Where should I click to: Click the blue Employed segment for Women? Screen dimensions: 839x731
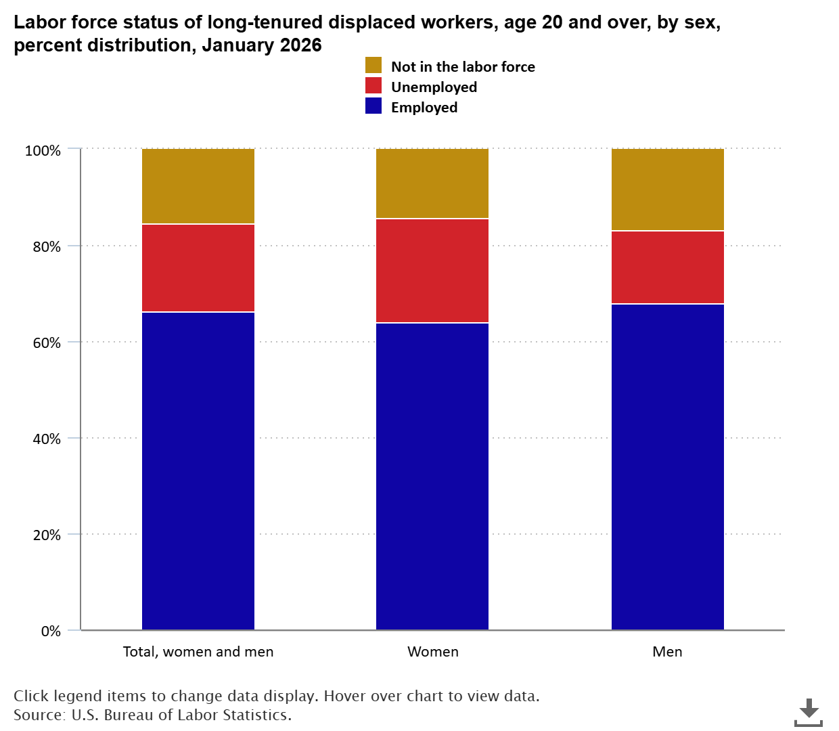[432, 477]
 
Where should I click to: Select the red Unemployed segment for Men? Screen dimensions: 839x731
[668, 267]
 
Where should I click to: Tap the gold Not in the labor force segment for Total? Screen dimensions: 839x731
[198, 186]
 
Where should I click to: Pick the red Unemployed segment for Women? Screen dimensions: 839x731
[432, 271]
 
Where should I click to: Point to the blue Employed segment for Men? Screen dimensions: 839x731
[668, 467]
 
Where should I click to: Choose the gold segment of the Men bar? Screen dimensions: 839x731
[668, 190]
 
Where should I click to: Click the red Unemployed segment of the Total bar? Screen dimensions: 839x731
[198, 268]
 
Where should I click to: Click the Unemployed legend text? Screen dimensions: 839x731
[434, 87]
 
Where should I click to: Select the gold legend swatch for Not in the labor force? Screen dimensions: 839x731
[373, 65]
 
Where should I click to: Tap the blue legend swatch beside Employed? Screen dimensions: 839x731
[373, 106]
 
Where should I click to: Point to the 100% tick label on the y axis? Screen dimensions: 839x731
[43, 150]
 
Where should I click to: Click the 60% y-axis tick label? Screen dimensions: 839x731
[47, 342]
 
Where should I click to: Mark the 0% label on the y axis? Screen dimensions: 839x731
[51, 631]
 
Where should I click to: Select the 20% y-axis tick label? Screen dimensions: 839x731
[47, 535]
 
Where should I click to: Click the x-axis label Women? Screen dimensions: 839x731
[432, 652]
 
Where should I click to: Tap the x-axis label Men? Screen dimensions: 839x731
[667, 652]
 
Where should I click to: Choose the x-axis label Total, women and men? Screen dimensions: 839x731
[198, 652]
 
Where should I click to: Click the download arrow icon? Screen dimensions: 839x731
[809, 713]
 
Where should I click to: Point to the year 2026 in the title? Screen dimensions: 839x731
[300, 45]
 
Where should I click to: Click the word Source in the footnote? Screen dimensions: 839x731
[39, 715]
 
